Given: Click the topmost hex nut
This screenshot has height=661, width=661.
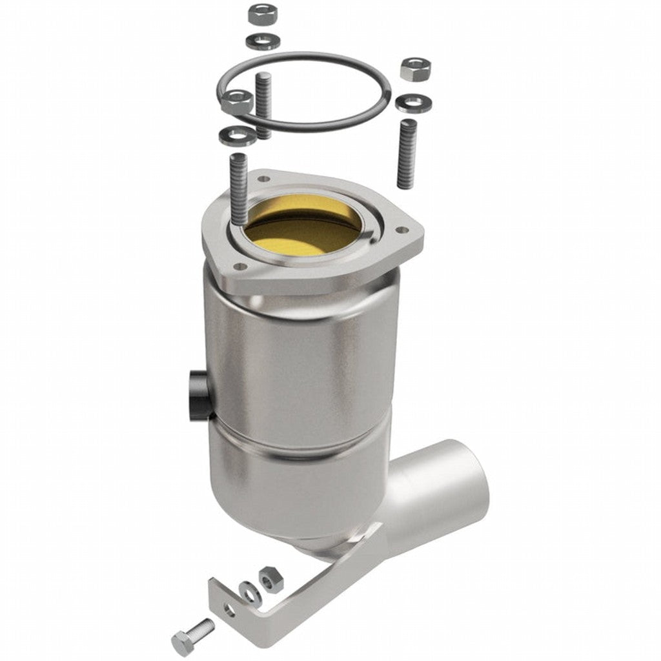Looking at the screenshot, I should [x=261, y=12].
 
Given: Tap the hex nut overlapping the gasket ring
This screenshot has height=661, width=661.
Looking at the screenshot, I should [x=236, y=101].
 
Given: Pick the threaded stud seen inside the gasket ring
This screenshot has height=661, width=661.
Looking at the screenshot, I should [x=262, y=103].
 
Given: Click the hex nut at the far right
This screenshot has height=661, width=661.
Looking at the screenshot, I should [x=414, y=68].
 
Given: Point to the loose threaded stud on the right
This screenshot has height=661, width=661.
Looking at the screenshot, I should [x=406, y=154].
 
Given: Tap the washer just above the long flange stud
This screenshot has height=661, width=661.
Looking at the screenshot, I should [x=233, y=135].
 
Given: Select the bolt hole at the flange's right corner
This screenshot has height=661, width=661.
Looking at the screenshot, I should [x=402, y=229].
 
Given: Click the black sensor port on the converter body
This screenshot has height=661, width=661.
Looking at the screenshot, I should [x=195, y=394].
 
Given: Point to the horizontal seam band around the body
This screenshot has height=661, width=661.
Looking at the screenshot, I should [x=303, y=445].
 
